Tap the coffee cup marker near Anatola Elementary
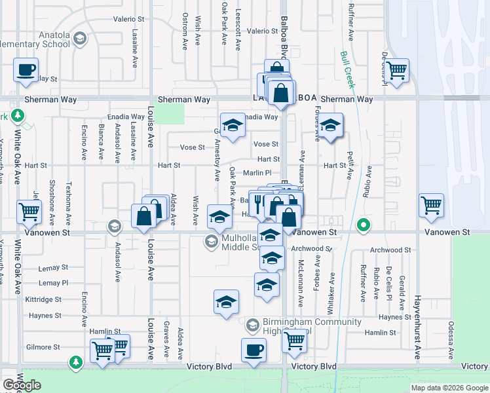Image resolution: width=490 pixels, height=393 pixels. pos(26,69)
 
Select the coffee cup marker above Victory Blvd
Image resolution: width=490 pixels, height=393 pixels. pos(254,350)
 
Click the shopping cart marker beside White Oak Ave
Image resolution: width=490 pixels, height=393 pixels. pos(29,212)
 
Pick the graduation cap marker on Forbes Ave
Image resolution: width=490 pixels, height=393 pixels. pos(331,126)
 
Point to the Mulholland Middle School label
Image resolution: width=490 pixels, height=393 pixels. pos(236,242)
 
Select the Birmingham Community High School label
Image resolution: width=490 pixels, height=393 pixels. pos(303,326)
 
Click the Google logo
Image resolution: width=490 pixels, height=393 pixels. pos(22,385)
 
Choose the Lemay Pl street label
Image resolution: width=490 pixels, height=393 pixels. pos(53,283)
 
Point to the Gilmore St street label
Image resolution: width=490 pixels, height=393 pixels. pos(43,347)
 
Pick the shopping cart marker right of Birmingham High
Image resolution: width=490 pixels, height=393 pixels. pos(295,341)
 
